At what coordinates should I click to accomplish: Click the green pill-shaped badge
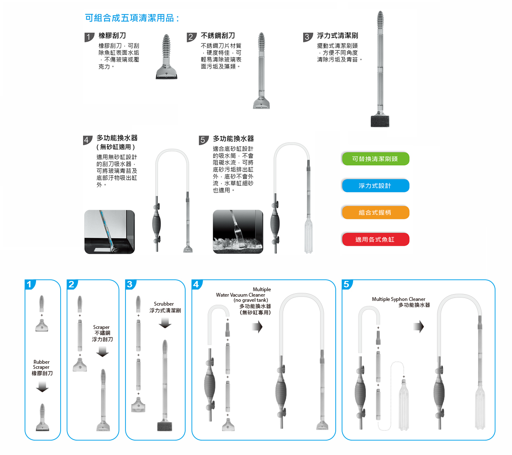[375, 159]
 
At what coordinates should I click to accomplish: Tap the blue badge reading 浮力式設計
[375, 185]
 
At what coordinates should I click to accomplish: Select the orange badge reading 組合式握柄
[375, 212]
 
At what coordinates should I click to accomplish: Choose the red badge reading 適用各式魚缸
[375, 239]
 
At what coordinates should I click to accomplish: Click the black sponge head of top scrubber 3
[380, 121]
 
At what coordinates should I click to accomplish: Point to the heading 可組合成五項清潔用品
[132, 18]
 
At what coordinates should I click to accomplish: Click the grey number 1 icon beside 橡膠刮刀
[89, 37]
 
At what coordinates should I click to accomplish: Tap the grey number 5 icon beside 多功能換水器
[203, 140]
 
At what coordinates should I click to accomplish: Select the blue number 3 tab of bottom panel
[131, 284]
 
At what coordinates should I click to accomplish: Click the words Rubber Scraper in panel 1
[42, 364]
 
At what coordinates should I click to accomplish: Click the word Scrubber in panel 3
[164, 303]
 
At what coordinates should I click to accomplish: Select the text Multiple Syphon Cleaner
[398, 299]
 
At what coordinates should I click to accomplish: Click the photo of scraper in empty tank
[109, 232]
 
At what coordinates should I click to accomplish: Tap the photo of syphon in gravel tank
[238, 232]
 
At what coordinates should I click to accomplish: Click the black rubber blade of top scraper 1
[166, 77]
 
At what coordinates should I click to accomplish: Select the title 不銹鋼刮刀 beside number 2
[217, 36]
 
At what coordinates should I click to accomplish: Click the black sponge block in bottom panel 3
[164, 427]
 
